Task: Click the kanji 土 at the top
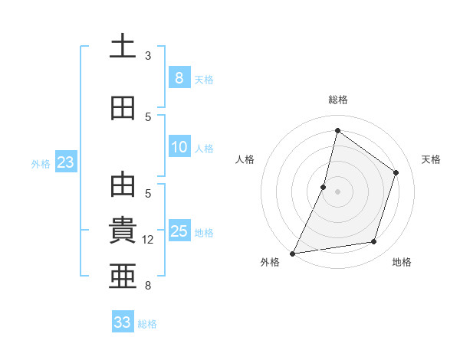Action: click(x=123, y=47)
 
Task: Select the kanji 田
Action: click(x=123, y=108)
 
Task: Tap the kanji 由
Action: click(x=123, y=186)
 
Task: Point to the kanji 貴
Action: click(x=123, y=231)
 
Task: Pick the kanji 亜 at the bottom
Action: click(x=123, y=275)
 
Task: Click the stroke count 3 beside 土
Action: click(x=148, y=56)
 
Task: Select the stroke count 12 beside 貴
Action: click(x=148, y=240)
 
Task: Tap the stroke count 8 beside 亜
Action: click(x=148, y=286)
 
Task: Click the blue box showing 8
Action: click(x=179, y=78)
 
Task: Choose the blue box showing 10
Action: click(x=179, y=147)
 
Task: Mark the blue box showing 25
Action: click(x=179, y=231)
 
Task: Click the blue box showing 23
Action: click(x=65, y=162)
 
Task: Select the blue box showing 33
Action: click(x=123, y=322)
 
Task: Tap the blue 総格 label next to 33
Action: click(x=148, y=324)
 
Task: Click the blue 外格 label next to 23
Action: click(x=41, y=163)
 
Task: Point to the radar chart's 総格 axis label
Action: click(x=337, y=100)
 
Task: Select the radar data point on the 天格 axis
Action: click(x=396, y=172)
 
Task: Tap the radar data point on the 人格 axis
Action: click(x=324, y=187)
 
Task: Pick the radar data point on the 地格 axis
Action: click(x=374, y=242)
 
